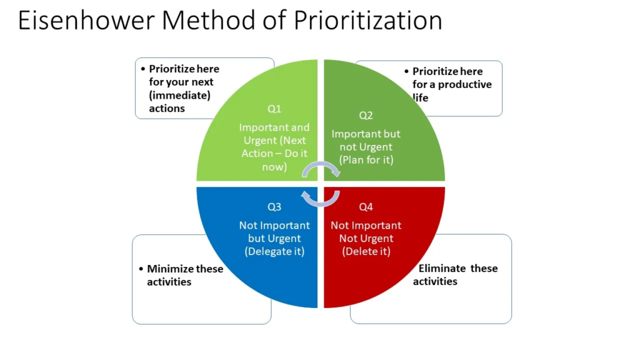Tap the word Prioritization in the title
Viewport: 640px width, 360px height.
tap(367, 20)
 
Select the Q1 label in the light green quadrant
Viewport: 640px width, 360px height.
tap(274, 109)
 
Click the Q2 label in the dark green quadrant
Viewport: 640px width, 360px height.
tap(366, 116)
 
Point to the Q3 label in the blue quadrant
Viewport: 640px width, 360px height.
tap(274, 207)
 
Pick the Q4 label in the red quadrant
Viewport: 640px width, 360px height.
tap(366, 207)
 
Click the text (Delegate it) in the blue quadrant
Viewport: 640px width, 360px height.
tap(275, 251)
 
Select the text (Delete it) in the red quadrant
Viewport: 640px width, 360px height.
tap(366, 251)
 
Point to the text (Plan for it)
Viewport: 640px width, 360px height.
tap(366, 160)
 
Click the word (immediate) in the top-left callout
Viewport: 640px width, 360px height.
tap(179, 96)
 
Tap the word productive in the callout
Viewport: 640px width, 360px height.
tap(465, 84)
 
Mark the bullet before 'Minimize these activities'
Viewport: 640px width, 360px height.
tap(141, 269)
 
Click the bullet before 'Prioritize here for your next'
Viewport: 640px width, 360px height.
tap(143, 69)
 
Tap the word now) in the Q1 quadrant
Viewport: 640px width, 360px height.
tap(274, 167)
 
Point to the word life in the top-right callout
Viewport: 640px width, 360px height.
tap(421, 98)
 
